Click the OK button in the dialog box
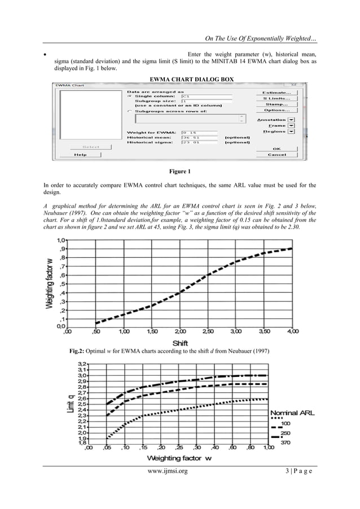[276, 148]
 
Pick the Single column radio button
[129, 96]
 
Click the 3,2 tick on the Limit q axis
[82, 364]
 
